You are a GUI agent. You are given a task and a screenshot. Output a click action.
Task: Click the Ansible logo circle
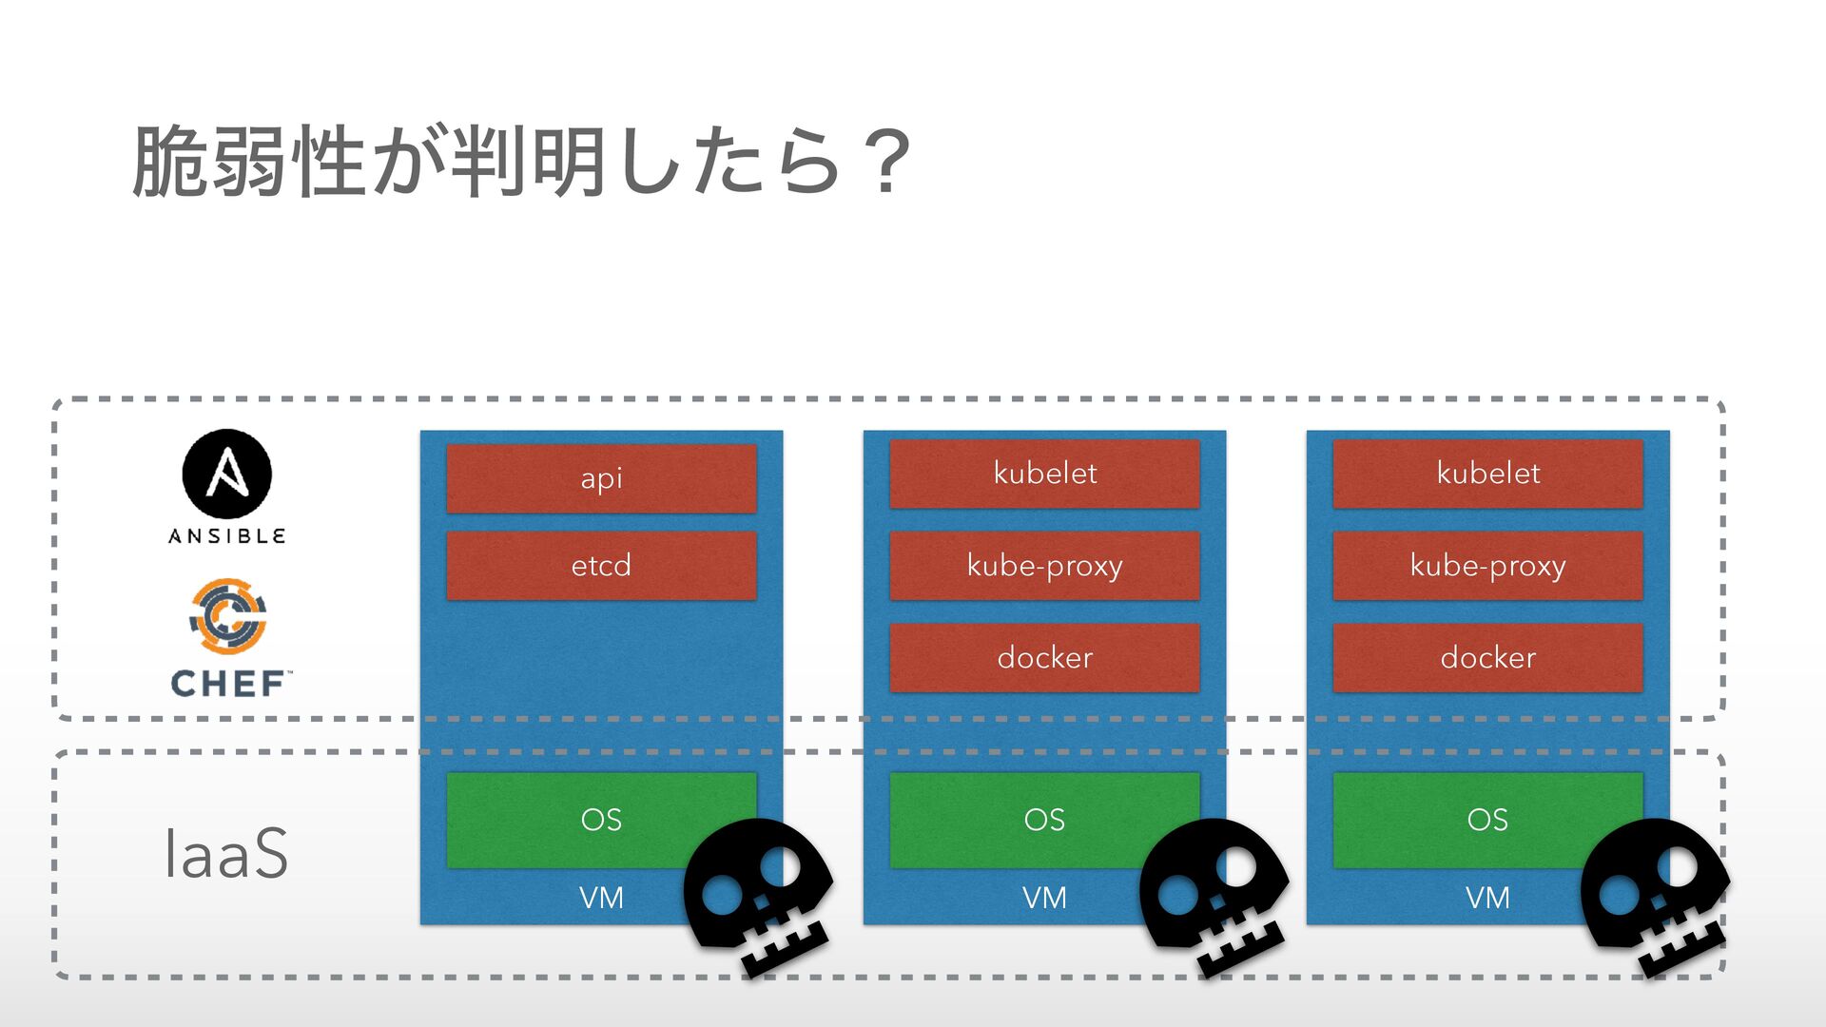click(x=226, y=474)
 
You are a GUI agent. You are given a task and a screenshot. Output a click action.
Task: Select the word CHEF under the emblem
click(x=228, y=683)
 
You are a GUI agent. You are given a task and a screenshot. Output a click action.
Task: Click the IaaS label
click(x=225, y=854)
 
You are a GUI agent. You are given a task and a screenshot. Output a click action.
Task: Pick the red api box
click(x=601, y=477)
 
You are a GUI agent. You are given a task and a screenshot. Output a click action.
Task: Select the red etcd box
click(x=601, y=566)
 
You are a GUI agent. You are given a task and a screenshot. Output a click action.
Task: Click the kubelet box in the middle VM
click(x=1044, y=473)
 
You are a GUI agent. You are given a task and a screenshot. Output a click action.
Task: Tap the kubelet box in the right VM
click(x=1487, y=473)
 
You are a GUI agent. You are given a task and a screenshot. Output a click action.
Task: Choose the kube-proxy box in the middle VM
click(x=1044, y=566)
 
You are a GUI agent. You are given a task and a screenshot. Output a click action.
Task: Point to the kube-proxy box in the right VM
click(x=1487, y=566)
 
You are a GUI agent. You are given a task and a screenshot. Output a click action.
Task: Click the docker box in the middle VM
click(x=1044, y=657)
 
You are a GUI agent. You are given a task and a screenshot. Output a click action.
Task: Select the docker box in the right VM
click(x=1487, y=657)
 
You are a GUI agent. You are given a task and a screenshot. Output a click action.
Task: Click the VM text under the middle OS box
click(x=1044, y=898)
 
